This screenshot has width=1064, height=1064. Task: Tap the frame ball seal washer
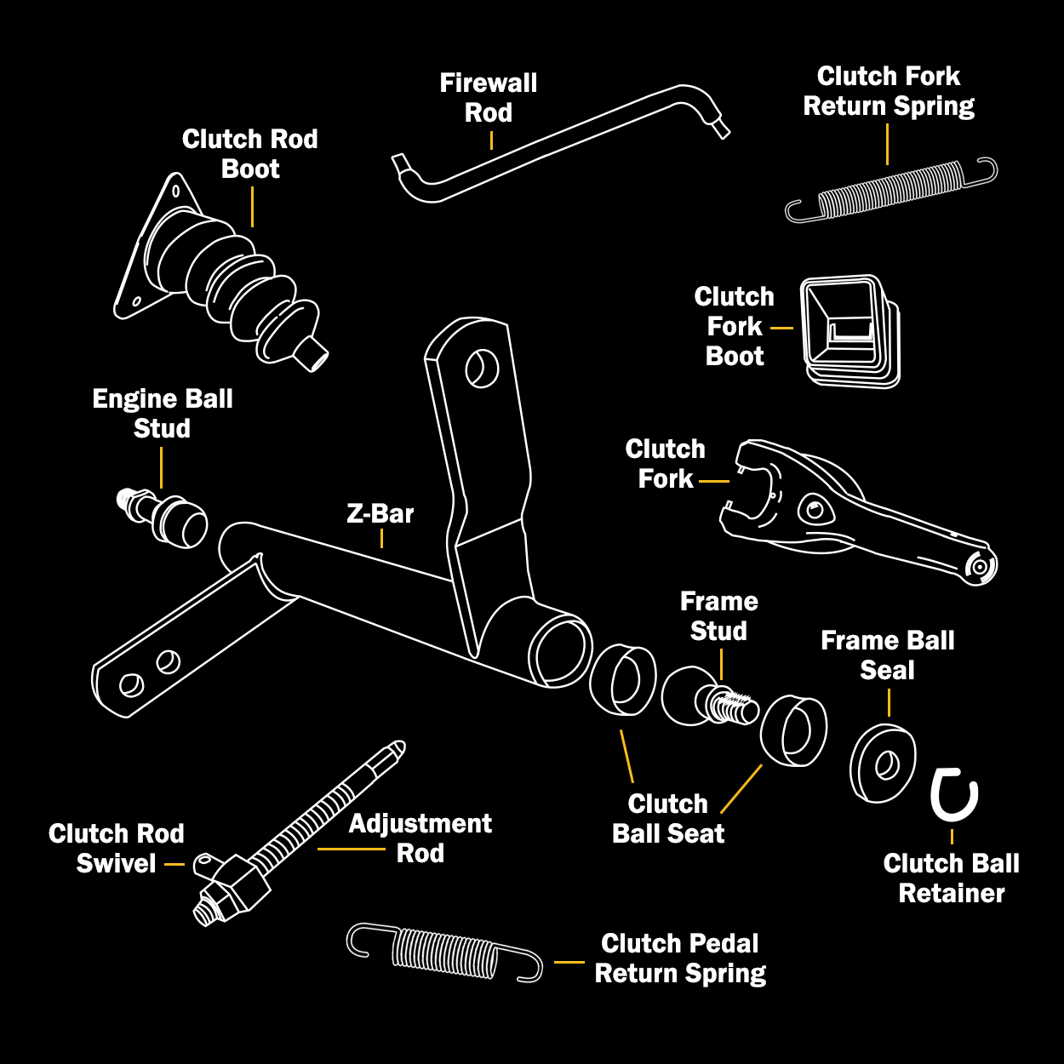(884, 764)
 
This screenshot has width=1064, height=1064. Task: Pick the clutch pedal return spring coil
(444, 952)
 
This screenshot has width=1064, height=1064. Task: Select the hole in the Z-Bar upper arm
(481, 368)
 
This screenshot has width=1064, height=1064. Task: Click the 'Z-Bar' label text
(380, 514)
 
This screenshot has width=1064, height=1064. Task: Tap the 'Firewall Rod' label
(489, 98)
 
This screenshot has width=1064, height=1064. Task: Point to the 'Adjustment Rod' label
(420, 838)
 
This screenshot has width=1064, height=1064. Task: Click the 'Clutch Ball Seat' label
(668, 819)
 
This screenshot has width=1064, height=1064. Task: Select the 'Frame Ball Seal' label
(888, 655)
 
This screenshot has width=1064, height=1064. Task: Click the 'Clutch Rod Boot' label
(250, 154)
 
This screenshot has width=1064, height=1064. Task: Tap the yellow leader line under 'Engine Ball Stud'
(161, 467)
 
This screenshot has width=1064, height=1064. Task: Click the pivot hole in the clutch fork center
(814, 511)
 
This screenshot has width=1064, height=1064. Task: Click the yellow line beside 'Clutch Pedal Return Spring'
(569, 962)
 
